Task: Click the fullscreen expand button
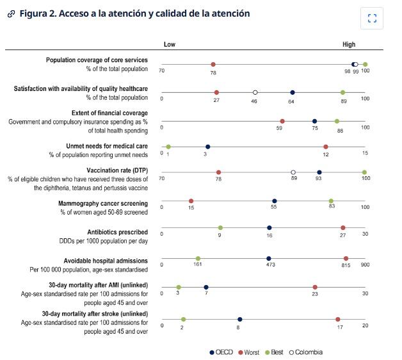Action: [372, 20]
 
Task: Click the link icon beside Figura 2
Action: [11, 14]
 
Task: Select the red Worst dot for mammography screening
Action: [191, 201]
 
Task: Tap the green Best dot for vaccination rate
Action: [364, 172]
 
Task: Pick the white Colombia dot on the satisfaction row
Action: [255, 92]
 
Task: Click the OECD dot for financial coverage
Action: [314, 121]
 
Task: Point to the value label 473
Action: [270, 265]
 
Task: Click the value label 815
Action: [346, 265]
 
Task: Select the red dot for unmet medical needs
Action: [326, 147]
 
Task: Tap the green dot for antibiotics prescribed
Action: [220, 227]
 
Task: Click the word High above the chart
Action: [349, 45]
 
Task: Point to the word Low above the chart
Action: [169, 45]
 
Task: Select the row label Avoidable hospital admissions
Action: [106, 261]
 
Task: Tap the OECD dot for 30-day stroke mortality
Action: [239, 319]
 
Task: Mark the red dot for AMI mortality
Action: [315, 288]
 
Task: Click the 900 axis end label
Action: [365, 265]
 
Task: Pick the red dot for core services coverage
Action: [213, 64]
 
